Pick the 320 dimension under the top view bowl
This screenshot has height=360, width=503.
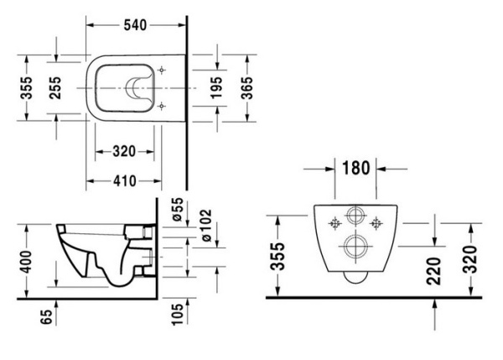click(124, 151)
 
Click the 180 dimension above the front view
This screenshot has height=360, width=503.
click(356, 168)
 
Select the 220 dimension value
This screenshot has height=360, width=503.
click(434, 271)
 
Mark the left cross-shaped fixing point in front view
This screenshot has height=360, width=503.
click(336, 223)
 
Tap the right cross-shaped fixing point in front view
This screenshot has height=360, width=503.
click(376, 223)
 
